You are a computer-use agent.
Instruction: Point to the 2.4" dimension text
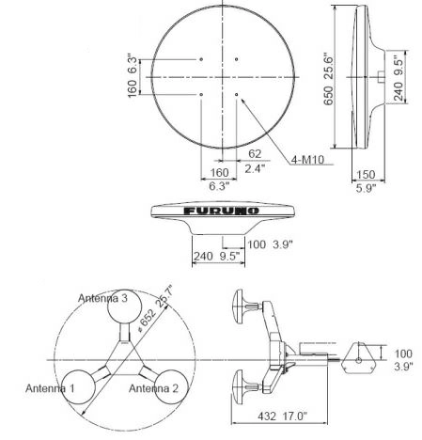(256, 171)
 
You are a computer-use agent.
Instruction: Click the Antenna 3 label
(106, 297)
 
